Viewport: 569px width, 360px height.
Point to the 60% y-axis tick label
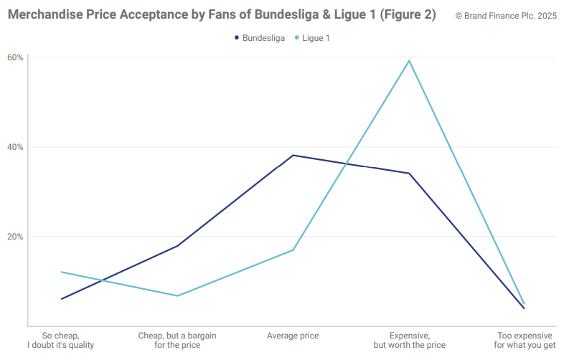(15, 57)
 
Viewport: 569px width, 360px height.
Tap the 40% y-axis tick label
(15, 147)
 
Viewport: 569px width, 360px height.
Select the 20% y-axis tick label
(15, 237)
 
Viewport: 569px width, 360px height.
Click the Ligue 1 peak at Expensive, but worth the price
(409, 60)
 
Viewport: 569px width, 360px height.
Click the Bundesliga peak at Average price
(293, 155)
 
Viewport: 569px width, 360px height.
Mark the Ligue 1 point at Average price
(293, 250)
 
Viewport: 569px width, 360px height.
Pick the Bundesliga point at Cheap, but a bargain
(177, 246)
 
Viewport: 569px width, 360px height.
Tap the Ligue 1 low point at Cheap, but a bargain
(177, 295)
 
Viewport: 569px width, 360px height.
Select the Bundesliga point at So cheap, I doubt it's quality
(62, 298)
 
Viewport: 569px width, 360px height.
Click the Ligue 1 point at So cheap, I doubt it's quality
(62, 272)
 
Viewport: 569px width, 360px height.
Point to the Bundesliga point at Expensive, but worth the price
(409, 173)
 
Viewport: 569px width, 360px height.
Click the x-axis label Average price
(293, 336)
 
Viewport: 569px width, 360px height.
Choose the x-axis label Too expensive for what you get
(525, 340)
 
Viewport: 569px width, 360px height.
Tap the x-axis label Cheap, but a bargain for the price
(177, 340)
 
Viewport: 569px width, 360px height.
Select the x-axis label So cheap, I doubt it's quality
(61, 340)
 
